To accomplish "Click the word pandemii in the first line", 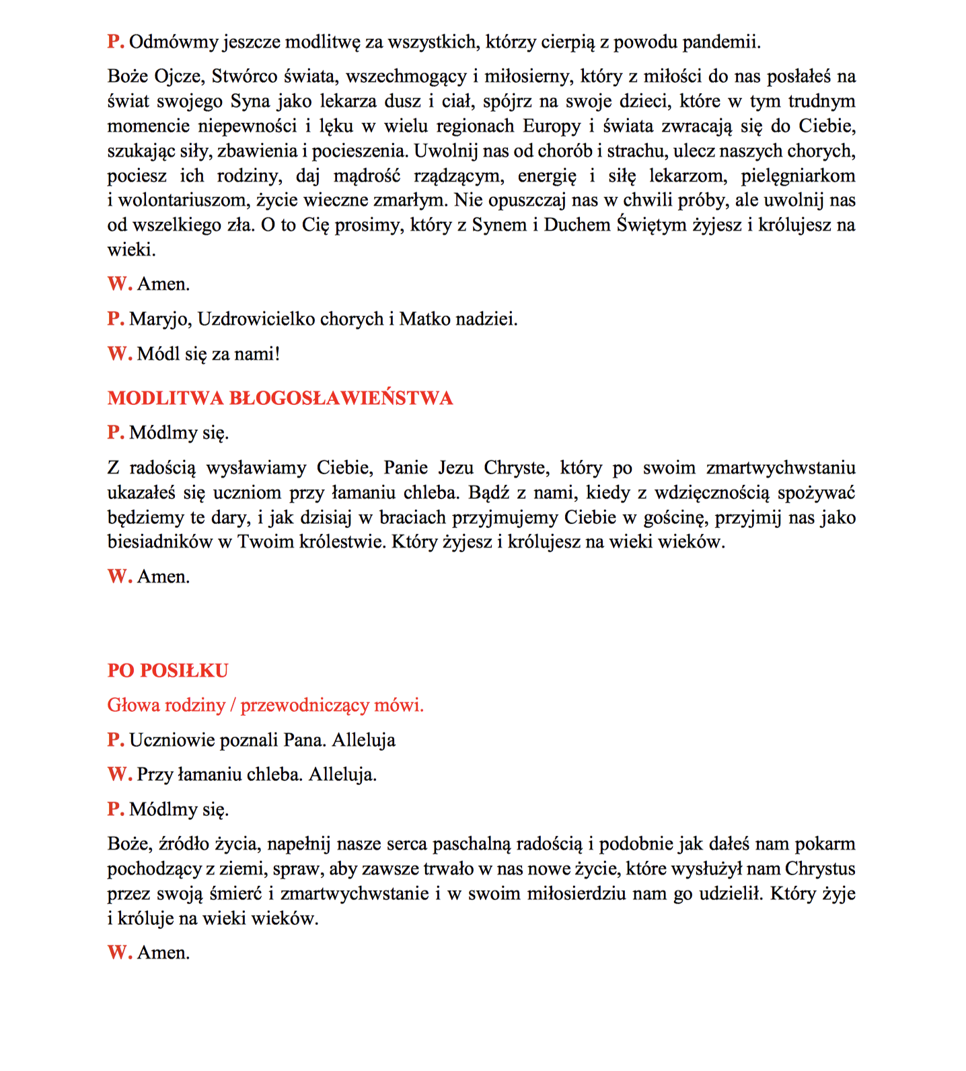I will pyautogui.click(x=721, y=42).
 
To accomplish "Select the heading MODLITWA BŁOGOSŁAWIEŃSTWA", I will pyautogui.click(x=280, y=398).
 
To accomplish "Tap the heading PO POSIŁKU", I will pyautogui.click(x=168, y=671).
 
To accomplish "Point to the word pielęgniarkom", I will pyautogui.click(x=798, y=176).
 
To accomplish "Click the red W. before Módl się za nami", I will pyautogui.click(x=119, y=354).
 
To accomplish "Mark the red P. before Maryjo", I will pyautogui.click(x=115, y=319).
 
